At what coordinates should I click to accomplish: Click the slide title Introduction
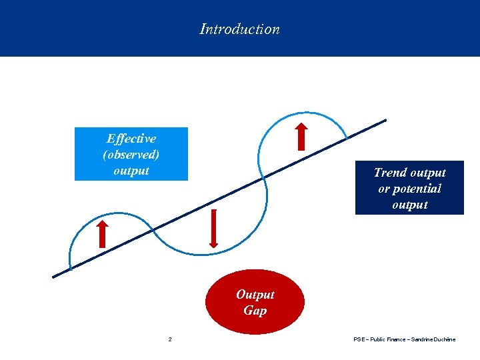pyautogui.click(x=239, y=29)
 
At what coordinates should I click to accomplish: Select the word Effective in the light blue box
pyautogui.click(x=131, y=139)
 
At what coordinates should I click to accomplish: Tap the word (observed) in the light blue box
pyautogui.click(x=131, y=155)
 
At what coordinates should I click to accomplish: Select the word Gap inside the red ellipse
pyautogui.click(x=255, y=311)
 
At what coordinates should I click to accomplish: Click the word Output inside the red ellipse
pyautogui.click(x=255, y=295)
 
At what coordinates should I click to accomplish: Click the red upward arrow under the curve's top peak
pyautogui.click(x=302, y=136)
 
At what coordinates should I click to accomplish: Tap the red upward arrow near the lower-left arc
pyautogui.click(x=102, y=233)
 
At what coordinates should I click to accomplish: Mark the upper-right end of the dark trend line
pyautogui.click(x=385, y=121)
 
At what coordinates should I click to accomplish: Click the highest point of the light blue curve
pyautogui.click(x=303, y=104)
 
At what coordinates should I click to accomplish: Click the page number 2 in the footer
pyautogui.click(x=170, y=340)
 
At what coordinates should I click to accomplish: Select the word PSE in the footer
pyautogui.click(x=359, y=340)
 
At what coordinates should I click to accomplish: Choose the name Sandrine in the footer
pyautogui.click(x=421, y=340)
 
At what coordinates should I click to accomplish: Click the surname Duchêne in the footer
pyautogui.click(x=445, y=340)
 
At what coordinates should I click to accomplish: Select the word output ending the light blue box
pyautogui.click(x=131, y=171)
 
